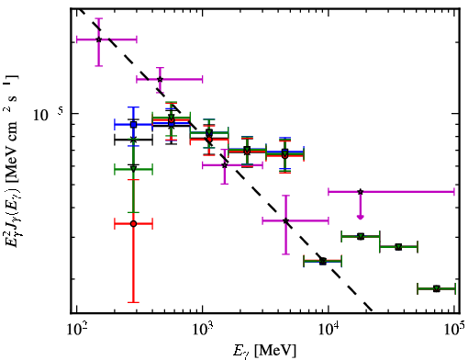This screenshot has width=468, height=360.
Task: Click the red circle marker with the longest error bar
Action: coord(133,224)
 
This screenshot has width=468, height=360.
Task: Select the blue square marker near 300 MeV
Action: coord(133,125)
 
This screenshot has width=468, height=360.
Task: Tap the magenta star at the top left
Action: coord(98,39)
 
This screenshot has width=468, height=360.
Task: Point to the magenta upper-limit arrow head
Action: coord(361,217)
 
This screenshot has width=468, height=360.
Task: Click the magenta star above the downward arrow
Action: coord(361,192)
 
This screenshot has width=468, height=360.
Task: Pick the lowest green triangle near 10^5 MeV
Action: coord(437,288)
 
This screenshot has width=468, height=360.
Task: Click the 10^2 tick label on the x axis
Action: coord(76,330)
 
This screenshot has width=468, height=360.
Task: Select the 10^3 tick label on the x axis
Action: coord(203,330)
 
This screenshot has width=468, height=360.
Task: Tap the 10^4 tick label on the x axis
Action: coord(329,330)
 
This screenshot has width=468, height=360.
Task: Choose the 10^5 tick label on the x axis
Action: coord(454,330)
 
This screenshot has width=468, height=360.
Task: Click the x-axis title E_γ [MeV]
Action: coord(264,351)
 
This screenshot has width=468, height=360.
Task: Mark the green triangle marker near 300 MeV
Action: coord(133,169)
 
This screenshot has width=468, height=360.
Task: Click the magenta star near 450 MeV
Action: coord(160,79)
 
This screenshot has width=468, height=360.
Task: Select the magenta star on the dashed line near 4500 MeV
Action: coord(285,220)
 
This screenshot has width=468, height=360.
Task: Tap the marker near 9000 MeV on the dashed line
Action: coord(323,262)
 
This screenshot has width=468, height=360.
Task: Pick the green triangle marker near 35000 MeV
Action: coord(398,247)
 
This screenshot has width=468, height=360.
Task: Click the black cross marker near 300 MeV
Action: coord(133,140)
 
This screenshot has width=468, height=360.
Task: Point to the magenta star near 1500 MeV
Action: coord(225,165)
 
